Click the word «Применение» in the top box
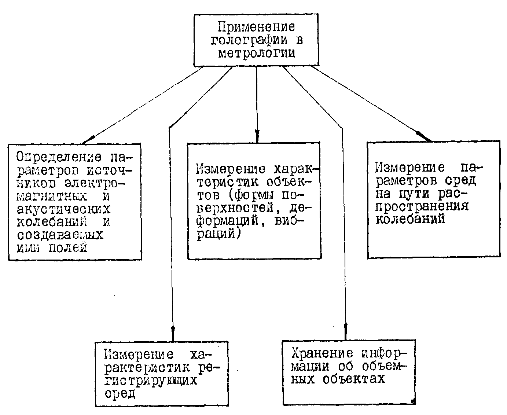(x=256, y=27)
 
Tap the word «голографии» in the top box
(x=249, y=40)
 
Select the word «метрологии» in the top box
(x=257, y=54)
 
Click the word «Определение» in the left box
(x=59, y=158)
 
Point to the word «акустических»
(x=64, y=209)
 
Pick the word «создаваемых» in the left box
(x=60, y=235)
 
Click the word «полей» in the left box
(x=68, y=247)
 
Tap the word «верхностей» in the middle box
(x=235, y=208)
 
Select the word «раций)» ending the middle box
(x=218, y=234)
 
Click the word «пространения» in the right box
(x=422, y=206)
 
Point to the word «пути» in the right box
(x=414, y=194)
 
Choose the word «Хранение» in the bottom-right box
(x=322, y=354)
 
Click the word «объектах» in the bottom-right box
(x=354, y=379)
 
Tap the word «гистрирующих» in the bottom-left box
(x=151, y=381)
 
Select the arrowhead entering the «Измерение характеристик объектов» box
(x=257, y=136)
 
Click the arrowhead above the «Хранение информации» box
(x=346, y=331)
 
